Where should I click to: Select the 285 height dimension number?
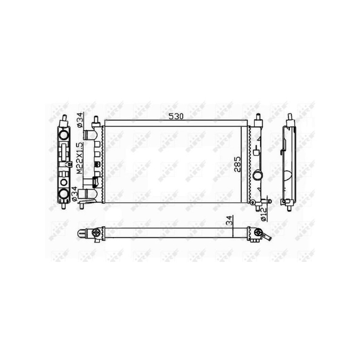pos(238,165)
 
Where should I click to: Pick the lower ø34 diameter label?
pos(79,192)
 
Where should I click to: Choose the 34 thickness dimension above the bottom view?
pos(230,220)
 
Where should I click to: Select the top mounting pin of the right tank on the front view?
pos(258,121)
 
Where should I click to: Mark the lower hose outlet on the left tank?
pos(87,194)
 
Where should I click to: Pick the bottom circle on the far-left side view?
pos(63,194)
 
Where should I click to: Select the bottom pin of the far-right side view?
pos(290,206)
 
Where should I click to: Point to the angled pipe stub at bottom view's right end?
pos(266,237)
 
